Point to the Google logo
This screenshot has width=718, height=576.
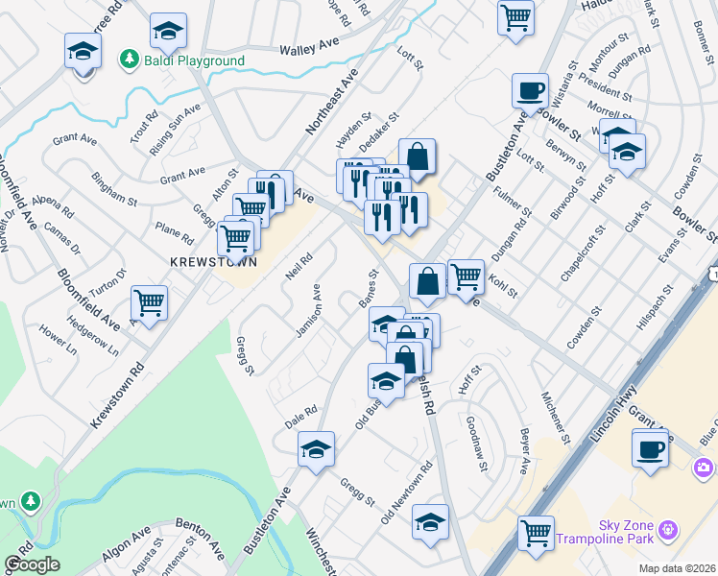(32, 564)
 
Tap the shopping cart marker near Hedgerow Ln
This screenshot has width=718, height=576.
(149, 303)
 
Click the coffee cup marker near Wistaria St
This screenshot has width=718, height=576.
(529, 91)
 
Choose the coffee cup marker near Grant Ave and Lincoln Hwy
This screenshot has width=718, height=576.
(651, 448)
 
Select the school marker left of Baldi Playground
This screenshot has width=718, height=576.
(83, 50)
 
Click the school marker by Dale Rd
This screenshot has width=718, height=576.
(316, 448)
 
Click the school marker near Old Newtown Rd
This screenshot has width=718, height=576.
(431, 522)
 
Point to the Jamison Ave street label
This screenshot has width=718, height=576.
(308, 310)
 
